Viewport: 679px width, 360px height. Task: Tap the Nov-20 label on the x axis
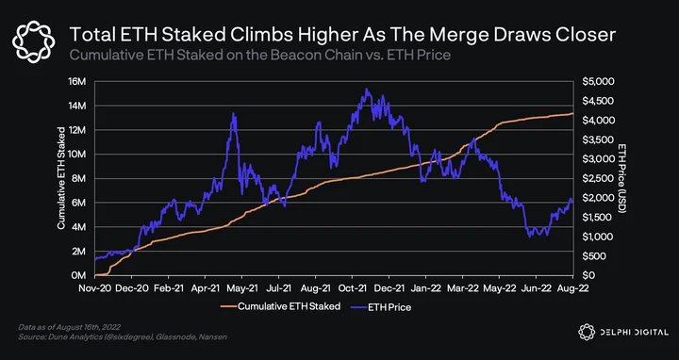click(x=94, y=287)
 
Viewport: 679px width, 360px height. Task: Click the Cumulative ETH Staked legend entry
click(x=281, y=306)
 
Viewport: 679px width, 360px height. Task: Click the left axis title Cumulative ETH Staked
click(x=61, y=178)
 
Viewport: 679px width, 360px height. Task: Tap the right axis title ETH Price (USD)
click(x=622, y=178)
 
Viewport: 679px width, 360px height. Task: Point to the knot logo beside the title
click(x=33, y=41)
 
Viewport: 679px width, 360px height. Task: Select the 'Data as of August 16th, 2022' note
click(x=69, y=327)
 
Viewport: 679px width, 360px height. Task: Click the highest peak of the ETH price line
click(x=366, y=89)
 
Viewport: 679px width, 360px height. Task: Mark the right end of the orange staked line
click(x=572, y=113)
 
